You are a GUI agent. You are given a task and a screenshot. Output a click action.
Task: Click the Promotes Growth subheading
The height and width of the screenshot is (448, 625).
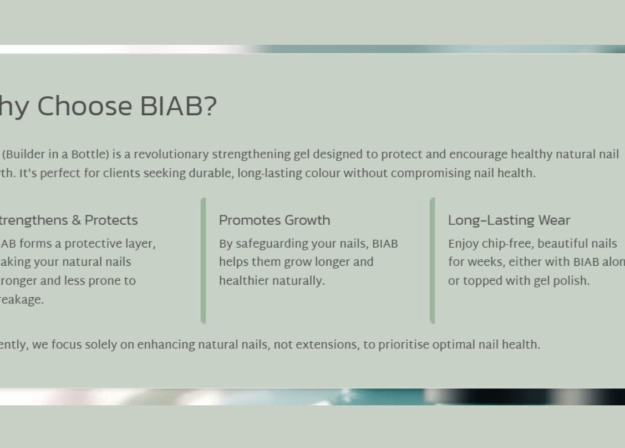coord(275,220)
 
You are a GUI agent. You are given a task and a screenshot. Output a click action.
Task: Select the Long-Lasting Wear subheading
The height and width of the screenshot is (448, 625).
coord(509,220)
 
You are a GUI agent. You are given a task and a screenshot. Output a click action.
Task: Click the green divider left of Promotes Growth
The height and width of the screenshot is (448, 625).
coord(204,260)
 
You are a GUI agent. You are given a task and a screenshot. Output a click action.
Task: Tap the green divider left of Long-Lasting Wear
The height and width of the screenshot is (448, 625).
coord(433,260)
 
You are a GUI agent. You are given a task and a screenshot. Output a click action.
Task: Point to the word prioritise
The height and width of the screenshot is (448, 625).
coord(403,344)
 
